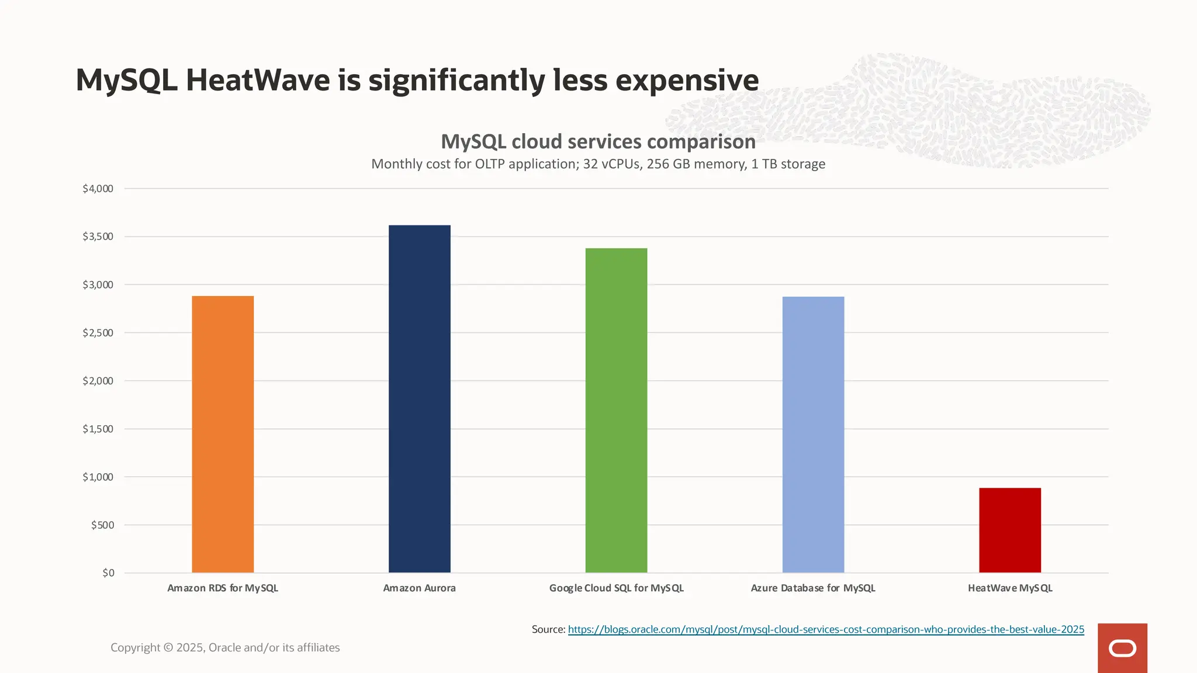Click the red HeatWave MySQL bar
[x=1009, y=530]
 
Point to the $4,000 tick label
[x=98, y=188]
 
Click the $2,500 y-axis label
[x=98, y=332]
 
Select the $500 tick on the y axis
[x=102, y=525]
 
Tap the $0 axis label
[x=108, y=573]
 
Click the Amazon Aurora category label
[x=419, y=588]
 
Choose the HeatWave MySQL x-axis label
[x=1009, y=588]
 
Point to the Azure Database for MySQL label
[x=812, y=588]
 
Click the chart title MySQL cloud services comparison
[x=598, y=141]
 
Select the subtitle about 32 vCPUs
[x=598, y=164]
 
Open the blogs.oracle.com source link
[x=825, y=629]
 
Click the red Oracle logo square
[x=1122, y=648]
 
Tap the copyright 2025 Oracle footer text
[x=225, y=647]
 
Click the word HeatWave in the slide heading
[x=258, y=80]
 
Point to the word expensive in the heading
[x=687, y=80]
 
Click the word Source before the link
[x=548, y=629]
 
